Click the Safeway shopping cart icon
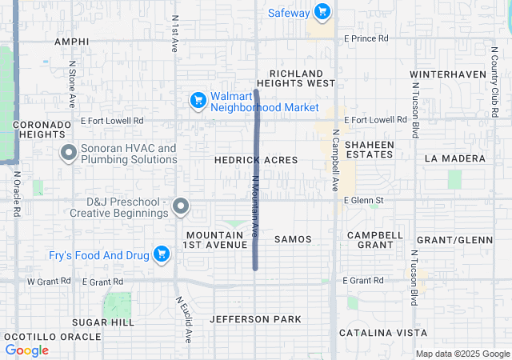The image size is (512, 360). [322, 11]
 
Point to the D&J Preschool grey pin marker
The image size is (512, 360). [181, 206]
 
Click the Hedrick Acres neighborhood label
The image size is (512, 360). [256, 160]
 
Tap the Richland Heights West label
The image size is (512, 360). [301, 78]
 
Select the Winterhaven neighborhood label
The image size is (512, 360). [448, 74]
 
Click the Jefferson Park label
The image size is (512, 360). [255, 319]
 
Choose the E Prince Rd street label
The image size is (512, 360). [366, 38]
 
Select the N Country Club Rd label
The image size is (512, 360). [493, 80]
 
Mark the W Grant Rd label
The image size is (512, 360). [49, 282]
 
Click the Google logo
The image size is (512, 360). [27, 350]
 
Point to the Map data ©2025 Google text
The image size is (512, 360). [462, 354]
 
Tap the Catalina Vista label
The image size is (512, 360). [382, 333]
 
